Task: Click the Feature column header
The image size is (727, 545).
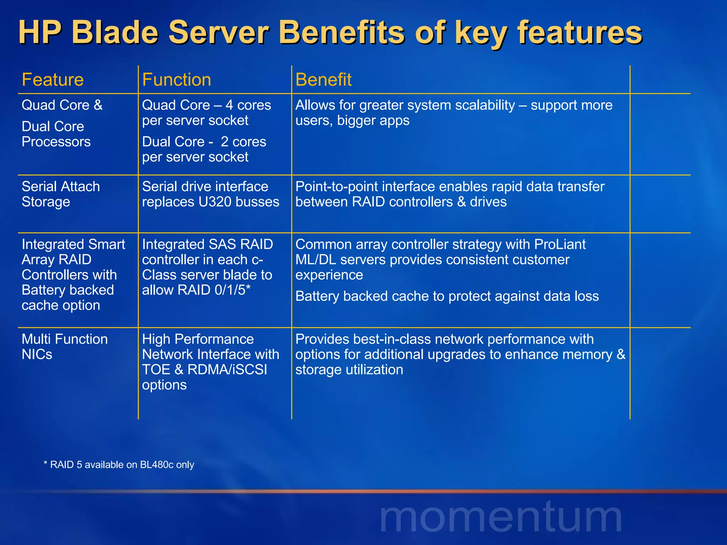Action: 53,79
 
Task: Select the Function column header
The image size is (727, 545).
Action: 176,79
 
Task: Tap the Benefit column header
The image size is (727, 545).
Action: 323,79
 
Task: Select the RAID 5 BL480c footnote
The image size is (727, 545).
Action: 119,465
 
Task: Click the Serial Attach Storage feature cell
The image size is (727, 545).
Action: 60,194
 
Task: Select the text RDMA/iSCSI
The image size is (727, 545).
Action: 227,370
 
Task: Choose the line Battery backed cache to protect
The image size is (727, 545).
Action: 447,296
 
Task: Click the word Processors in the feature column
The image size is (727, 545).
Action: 56,142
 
